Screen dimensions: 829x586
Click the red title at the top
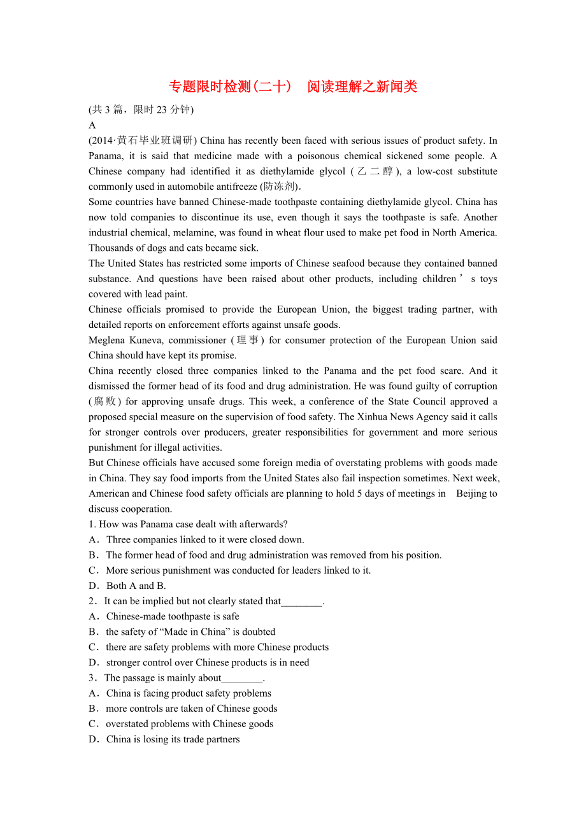292,87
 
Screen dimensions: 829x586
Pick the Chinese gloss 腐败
105,401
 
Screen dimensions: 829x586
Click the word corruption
473,386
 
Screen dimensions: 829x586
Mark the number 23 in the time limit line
161,110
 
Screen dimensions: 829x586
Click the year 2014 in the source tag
103,140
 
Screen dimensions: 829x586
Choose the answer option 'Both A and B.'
136,586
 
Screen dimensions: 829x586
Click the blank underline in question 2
301,601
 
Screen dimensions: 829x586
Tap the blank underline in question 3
242,677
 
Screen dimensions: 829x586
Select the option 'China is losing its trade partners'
173,739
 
